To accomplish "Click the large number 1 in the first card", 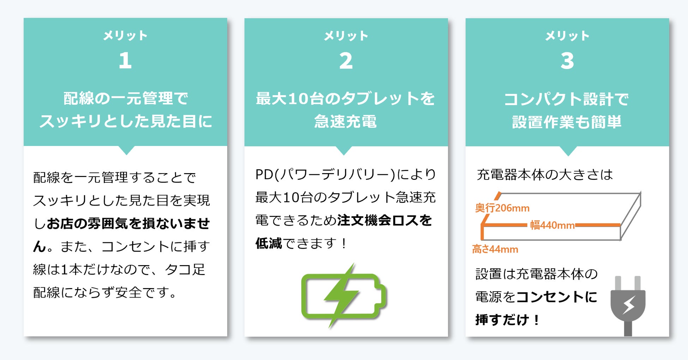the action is pos(125,60).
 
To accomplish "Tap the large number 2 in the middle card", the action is pos(346,61).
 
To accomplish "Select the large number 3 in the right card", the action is pos(567,61).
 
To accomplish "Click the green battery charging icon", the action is pos(344,295).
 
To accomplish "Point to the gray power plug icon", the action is pos(628,305).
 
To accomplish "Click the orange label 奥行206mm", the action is pos(502,208).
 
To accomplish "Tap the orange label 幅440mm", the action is pos(552,225).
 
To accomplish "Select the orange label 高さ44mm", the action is pos(495,249).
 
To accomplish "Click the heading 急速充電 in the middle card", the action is pos(346,122).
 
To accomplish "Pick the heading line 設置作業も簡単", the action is pos(567,122).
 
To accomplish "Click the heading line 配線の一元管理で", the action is pos(126,98).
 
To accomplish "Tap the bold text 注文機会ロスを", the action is pos(385,220).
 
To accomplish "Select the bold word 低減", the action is pos(269,243).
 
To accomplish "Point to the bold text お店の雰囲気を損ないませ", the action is pos(128,224).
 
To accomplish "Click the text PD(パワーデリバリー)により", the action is pos(346,175).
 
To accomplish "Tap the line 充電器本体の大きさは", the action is pos(545,175).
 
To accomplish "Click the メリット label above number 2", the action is pos(346,36).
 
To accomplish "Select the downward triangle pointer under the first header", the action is pos(126,150).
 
